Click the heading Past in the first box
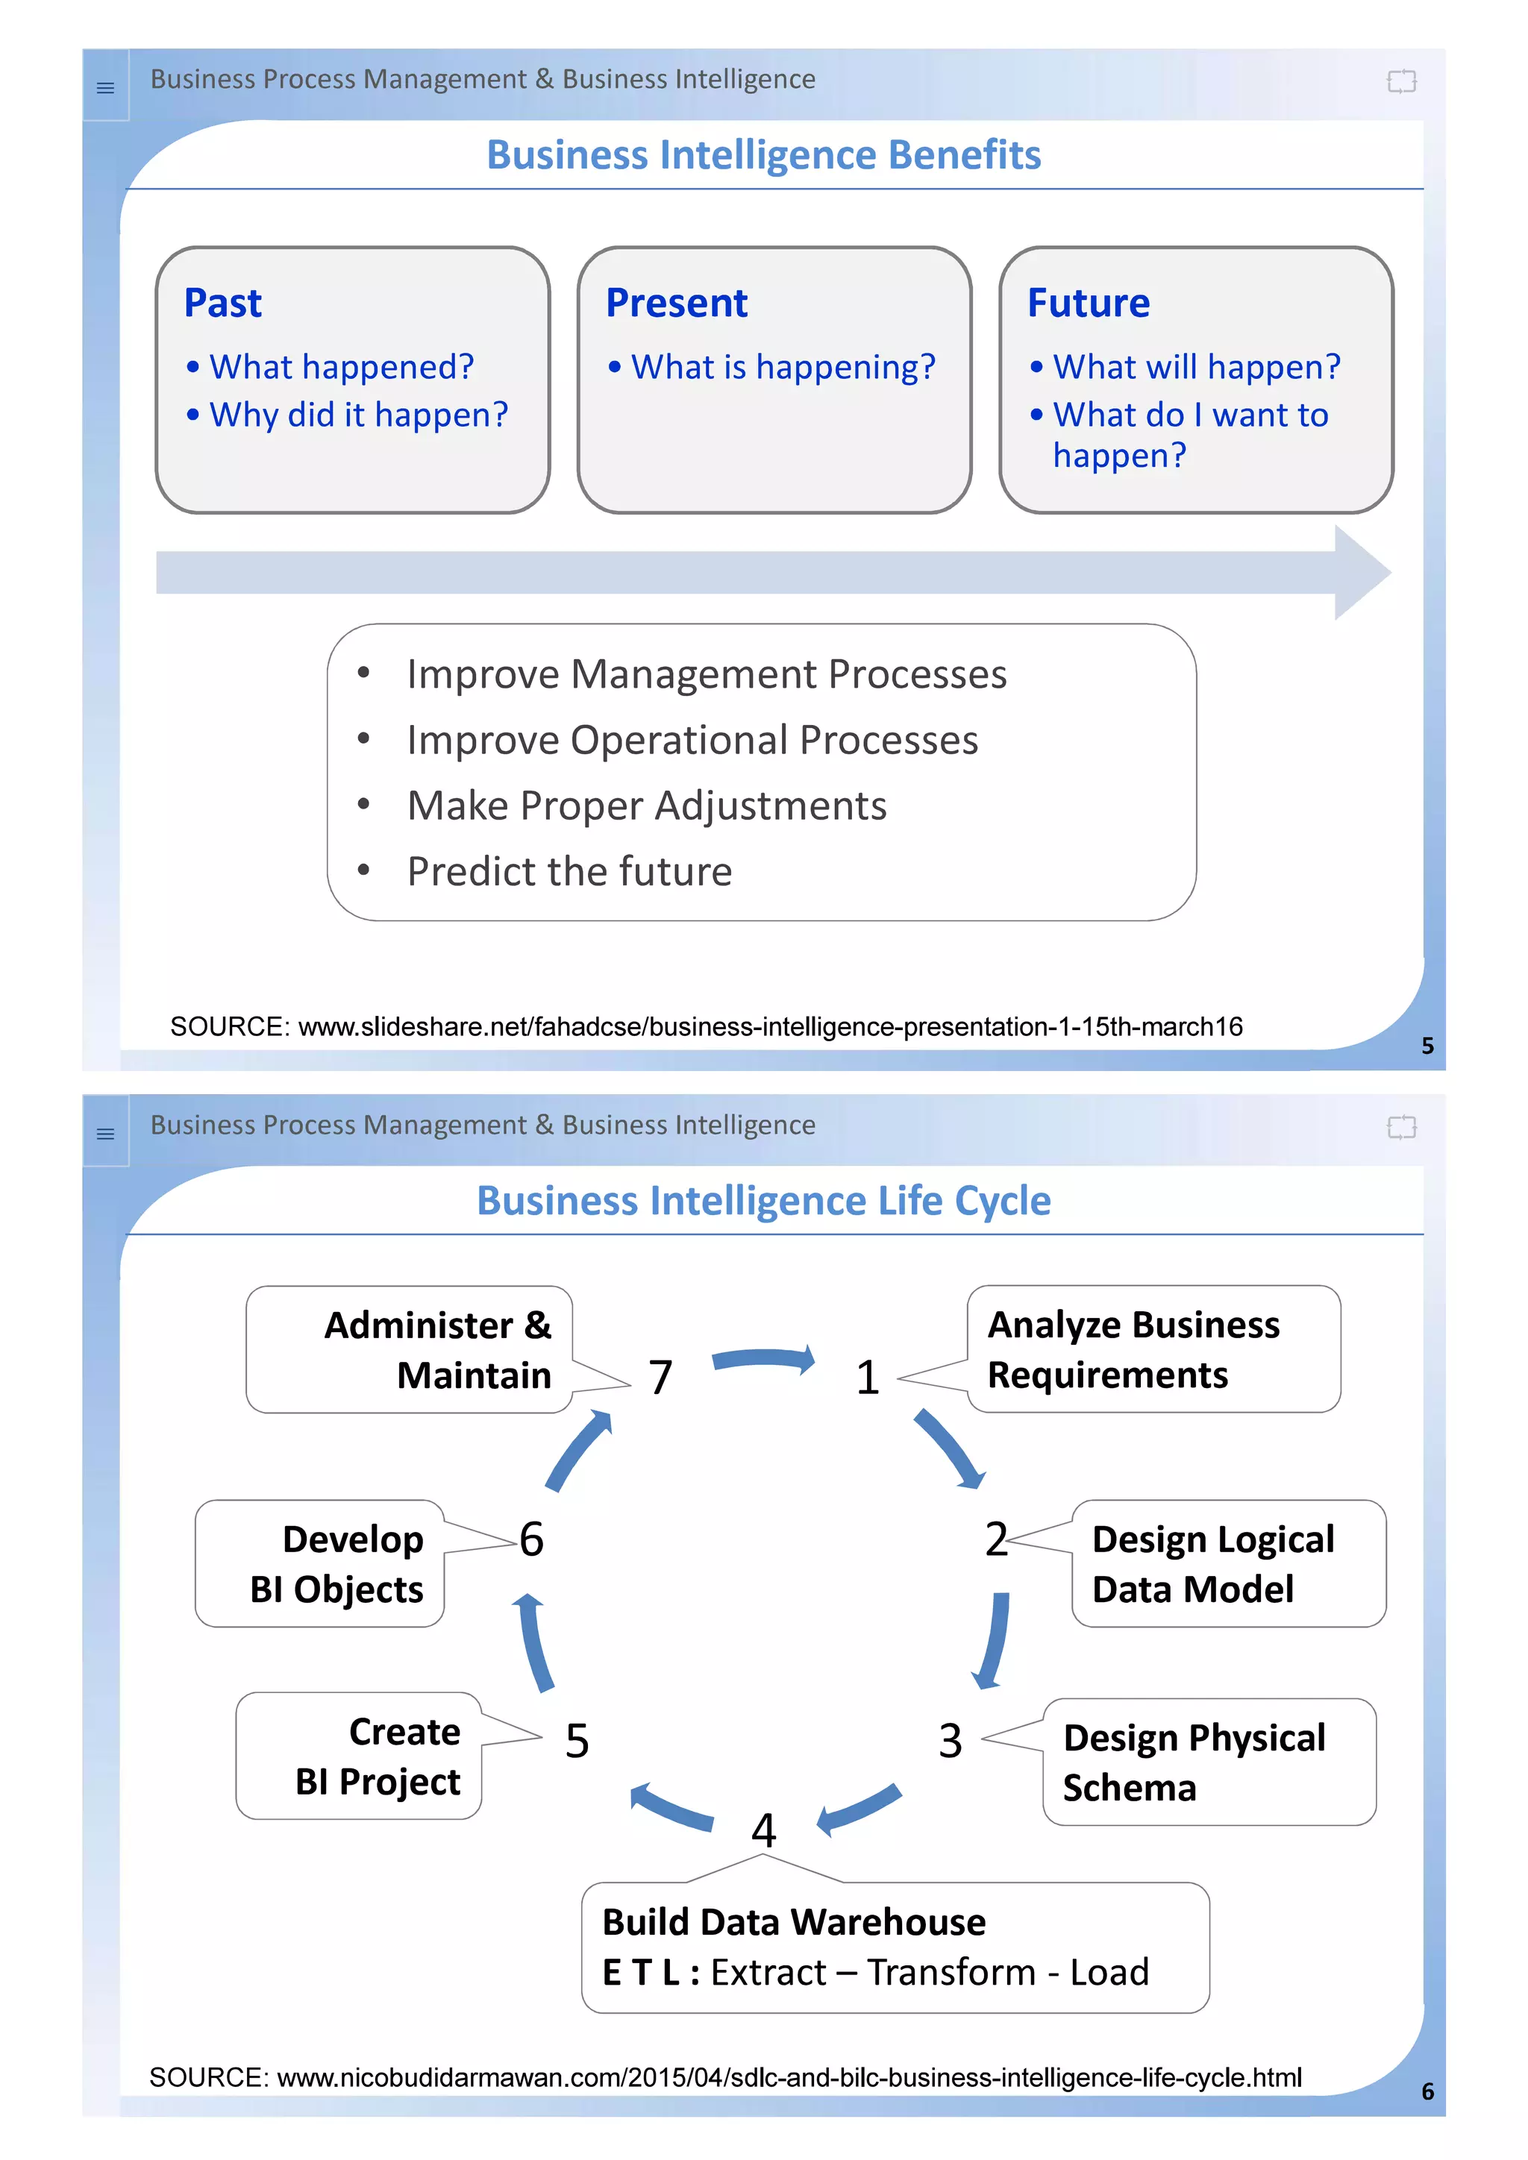pyautogui.click(x=222, y=303)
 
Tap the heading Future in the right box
pyautogui.click(x=1088, y=303)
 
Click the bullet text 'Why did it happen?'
pyautogui.click(x=357, y=415)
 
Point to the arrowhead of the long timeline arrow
pyautogui.click(x=1362, y=572)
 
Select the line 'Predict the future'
pyautogui.click(x=569, y=871)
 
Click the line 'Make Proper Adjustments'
pyautogui.click(x=646, y=806)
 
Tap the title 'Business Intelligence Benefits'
pyautogui.click(x=763, y=155)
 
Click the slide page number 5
pyautogui.click(x=1427, y=1045)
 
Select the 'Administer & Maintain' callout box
pyautogui.click(x=410, y=1349)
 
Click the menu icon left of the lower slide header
pyautogui.click(x=105, y=1134)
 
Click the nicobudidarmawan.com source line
pyautogui.click(x=724, y=2077)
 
